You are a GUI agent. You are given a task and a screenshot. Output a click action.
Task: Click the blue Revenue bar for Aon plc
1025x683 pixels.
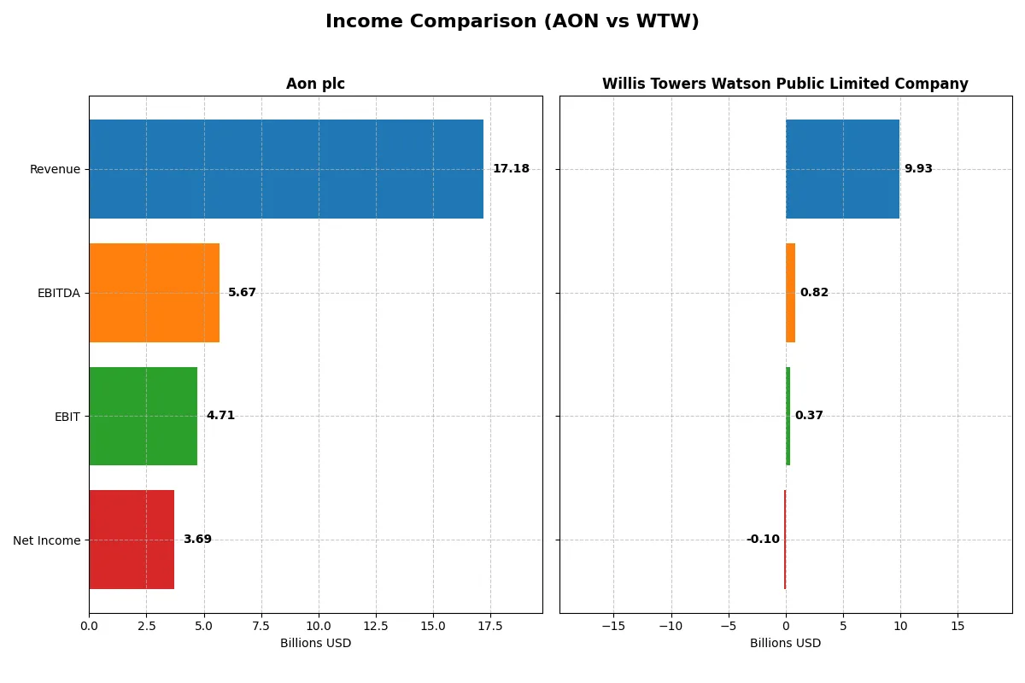point(286,169)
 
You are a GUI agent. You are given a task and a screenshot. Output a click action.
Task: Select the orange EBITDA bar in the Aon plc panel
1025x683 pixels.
point(154,293)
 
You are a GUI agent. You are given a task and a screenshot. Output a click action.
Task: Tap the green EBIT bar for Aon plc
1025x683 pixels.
point(143,416)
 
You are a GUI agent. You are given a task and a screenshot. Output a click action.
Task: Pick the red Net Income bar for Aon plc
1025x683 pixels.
point(132,540)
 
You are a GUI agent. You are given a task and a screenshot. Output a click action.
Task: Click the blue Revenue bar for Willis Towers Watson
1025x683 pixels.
point(842,169)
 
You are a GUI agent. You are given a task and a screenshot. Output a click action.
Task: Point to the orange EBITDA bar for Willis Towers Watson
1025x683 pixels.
point(790,293)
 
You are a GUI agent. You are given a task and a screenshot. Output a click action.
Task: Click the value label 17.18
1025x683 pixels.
point(511,169)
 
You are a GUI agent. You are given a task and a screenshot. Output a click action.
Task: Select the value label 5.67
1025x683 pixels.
point(242,293)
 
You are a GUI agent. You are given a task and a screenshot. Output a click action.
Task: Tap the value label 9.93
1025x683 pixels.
point(918,169)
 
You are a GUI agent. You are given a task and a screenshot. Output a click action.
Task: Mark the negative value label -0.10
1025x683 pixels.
point(763,540)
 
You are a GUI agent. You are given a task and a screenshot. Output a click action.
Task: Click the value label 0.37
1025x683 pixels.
point(809,416)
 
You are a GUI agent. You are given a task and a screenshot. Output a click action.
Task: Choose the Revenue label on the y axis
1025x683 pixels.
point(55,169)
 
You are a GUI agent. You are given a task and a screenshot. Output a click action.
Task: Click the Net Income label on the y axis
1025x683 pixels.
point(47,540)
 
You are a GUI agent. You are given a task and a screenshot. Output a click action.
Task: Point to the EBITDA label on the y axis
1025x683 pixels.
point(59,293)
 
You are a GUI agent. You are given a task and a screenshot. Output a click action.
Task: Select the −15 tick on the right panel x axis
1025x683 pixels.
point(613,626)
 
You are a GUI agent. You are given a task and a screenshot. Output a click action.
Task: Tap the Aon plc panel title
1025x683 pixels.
point(315,84)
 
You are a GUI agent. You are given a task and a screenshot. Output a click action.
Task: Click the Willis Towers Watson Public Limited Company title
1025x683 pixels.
point(785,84)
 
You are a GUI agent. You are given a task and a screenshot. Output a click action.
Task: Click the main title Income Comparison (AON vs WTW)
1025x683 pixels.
point(512,21)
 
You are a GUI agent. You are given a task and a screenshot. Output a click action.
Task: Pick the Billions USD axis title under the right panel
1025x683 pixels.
point(785,643)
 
